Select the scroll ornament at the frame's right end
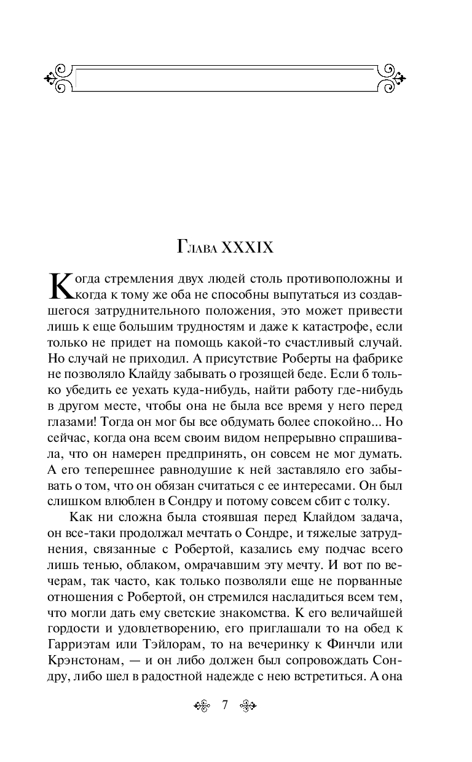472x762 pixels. (390, 77)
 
